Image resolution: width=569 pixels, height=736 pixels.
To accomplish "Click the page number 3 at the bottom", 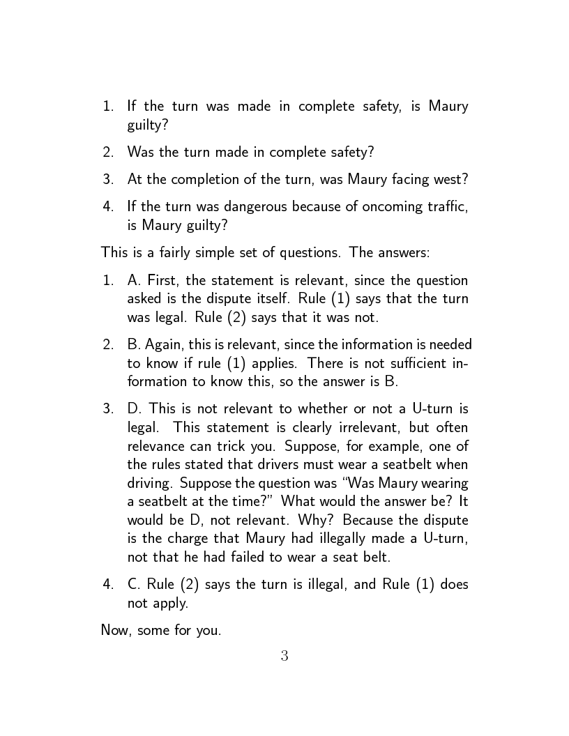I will pyautogui.click(x=284, y=656).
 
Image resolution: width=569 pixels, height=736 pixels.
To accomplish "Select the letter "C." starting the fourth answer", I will pyautogui.click(x=135, y=585).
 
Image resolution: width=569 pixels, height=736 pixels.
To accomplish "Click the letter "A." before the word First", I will pyautogui.click(x=135, y=281).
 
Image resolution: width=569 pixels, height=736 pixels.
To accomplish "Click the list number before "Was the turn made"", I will pyautogui.click(x=108, y=152).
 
